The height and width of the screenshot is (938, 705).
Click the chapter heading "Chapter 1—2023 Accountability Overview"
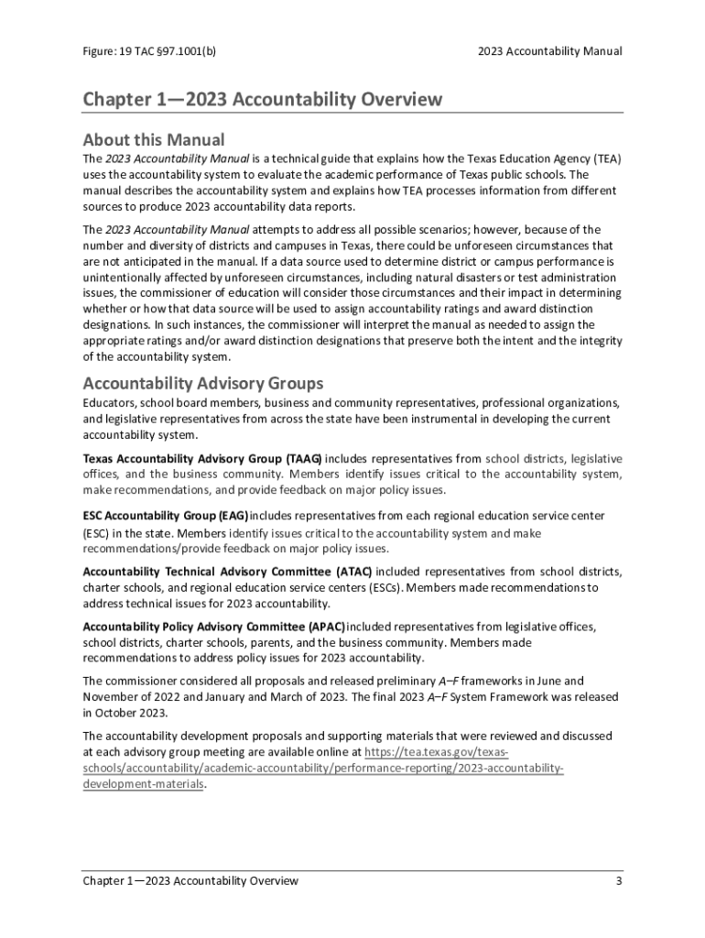(262, 99)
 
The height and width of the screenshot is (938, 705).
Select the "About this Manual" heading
(153, 139)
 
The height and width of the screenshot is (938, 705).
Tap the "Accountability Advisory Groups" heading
(202, 382)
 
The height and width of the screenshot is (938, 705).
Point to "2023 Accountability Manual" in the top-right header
(549, 51)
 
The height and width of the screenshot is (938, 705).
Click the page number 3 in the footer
(619, 881)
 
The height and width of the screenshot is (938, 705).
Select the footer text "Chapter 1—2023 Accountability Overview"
(190, 881)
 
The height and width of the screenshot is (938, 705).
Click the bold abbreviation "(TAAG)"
(303, 458)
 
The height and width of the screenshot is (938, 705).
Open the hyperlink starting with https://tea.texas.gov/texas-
(437, 752)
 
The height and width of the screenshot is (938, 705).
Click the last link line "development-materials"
(142, 785)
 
